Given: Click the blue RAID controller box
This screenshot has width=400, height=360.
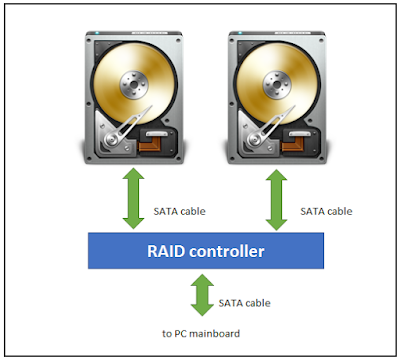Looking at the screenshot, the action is (x=206, y=251).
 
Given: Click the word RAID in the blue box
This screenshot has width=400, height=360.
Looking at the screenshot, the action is (x=166, y=251).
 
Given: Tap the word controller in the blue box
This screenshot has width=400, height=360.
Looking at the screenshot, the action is (x=227, y=251).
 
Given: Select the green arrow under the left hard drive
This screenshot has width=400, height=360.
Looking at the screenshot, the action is (x=133, y=198).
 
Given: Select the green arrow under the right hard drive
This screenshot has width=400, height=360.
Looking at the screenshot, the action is (x=276, y=200).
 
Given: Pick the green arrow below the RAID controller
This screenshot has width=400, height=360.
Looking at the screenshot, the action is (x=202, y=295).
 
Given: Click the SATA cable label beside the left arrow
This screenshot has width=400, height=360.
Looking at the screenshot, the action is (x=179, y=211).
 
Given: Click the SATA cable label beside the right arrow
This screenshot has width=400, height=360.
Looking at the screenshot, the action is (x=326, y=211).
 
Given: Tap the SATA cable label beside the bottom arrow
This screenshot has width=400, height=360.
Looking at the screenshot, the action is (x=244, y=303).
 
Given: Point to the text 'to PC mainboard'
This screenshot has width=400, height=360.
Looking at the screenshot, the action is (x=201, y=333).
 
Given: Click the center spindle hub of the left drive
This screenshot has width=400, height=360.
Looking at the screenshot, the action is (x=134, y=84).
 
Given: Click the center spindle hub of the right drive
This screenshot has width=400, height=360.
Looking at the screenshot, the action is (x=277, y=84).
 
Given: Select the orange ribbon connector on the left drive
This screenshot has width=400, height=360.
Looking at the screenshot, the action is (x=150, y=144).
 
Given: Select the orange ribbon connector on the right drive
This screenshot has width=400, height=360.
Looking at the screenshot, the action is (x=293, y=144).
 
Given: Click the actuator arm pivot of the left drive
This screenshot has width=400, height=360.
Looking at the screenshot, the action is (x=110, y=140).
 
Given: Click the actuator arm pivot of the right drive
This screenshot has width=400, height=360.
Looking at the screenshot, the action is (x=253, y=140).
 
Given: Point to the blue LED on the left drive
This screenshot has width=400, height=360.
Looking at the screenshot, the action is (x=97, y=33).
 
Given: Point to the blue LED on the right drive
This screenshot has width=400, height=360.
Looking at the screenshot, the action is (x=240, y=33).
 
